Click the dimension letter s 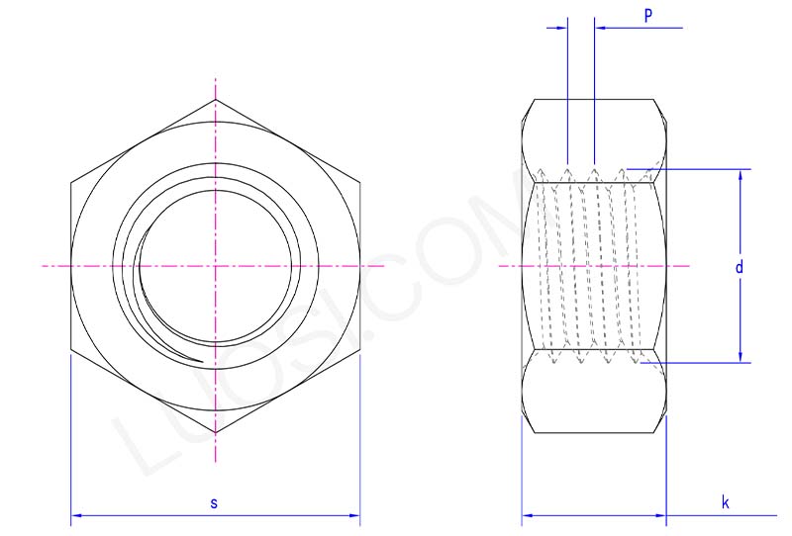click(214, 503)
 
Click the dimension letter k click(725, 503)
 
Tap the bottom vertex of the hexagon click(215, 433)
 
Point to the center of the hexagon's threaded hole click(215, 267)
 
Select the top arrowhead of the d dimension click(741, 174)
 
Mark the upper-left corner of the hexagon click(71, 183)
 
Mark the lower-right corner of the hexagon click(359, 350)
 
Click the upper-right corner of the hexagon click(359, 183)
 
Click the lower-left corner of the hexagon click(71, 350)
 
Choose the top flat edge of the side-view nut click(594, 100)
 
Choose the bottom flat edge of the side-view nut click(594, 433)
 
